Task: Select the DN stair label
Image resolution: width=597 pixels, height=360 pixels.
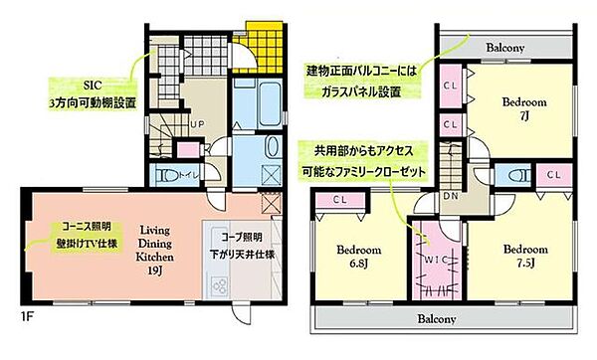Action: [450, 196]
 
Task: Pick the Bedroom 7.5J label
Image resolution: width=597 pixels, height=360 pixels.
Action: [522, 257]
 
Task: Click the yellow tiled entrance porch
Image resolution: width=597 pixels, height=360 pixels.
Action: [263, 45]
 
